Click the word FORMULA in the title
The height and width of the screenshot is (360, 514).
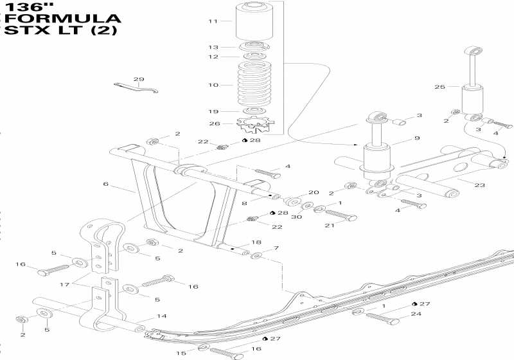(x=62, y=19)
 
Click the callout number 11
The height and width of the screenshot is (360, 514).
(x=213, y=21)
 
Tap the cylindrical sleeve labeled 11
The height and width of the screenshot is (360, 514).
(x=254, y=21)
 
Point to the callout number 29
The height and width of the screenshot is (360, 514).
(x=139, y=79)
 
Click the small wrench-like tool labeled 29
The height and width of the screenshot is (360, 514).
(x=136, y=88)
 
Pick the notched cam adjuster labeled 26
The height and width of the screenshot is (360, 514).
(x=256, y=124)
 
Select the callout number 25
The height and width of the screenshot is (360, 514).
(x=440, y=87)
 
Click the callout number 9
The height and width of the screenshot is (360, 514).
(x=417, y=138)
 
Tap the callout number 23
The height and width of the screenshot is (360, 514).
(x=479, y=185)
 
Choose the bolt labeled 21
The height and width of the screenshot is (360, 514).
(x=341, y=215)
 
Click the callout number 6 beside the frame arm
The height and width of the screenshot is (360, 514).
(x=105, y=184)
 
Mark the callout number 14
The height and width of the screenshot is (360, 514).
(x=162, y=316)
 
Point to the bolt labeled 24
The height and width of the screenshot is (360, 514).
(x=382, y=319)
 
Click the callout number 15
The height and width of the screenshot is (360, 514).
(x=181, y=353)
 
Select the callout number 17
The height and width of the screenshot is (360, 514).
(x=65, y=284)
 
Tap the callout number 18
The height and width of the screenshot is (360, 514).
(x=256, y=242)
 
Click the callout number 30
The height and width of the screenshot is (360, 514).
(x=297, y=217)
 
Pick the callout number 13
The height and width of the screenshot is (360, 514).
(x=213, y=48)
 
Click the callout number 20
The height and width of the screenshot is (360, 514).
(x=314, y=192)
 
